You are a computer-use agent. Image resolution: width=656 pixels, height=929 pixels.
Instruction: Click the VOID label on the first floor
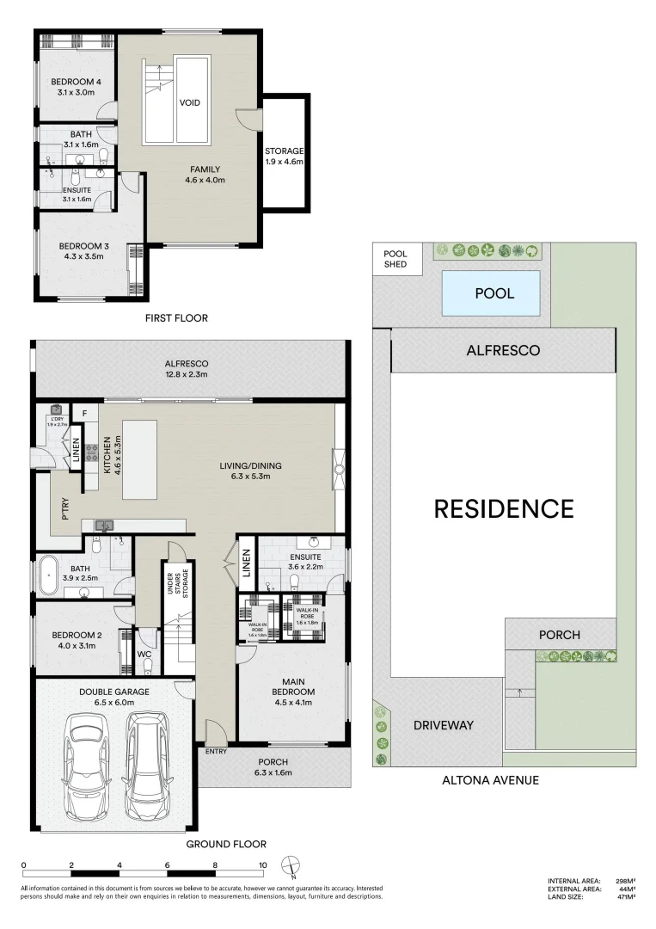point(190,102)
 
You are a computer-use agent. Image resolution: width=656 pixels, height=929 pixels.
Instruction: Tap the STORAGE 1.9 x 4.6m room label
point(284,155)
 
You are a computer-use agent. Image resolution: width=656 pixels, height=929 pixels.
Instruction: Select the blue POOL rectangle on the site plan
point(494,293)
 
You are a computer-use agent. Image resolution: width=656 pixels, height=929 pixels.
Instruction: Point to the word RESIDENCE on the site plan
point(503,508)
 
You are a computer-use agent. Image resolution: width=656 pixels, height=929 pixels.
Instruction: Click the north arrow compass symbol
point(293,867)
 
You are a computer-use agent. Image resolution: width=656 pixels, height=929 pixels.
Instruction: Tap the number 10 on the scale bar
point(262,865)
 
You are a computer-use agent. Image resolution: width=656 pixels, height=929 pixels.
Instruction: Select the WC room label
point(145,654)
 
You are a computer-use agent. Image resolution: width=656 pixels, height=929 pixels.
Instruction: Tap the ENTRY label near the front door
point(217,752)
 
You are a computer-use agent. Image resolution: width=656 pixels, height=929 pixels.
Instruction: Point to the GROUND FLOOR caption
point(226,844)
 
